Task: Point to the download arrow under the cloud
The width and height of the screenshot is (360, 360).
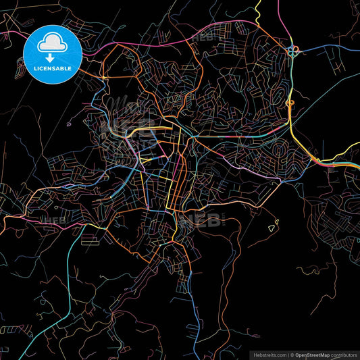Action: click(x=53, y=57)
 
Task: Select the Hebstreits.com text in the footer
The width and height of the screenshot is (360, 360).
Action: click(x=268, y=354)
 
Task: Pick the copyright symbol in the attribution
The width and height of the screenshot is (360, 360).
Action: click(x=292, y=354)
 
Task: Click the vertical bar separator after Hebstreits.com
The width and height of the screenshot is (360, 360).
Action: click(x=286, y=354)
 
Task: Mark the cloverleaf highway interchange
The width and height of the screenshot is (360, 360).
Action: click(x=293, y=50)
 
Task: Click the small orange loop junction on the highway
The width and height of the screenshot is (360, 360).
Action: click(x=290, y=103)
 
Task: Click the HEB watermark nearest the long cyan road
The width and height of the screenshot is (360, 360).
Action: click(x=54, y=220)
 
